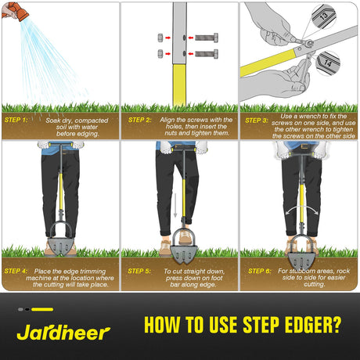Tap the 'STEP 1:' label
click(x=16, y=120)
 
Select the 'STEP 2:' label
click(x=139, y=120)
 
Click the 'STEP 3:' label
click(x=257, y=121)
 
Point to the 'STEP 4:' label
click(x=16, y=271)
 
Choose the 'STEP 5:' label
click(x=139, y=271)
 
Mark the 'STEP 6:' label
click(x=260, y=271)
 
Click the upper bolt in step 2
click(x=207, y=38)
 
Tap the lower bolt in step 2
click(x=207, y=54)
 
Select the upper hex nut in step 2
click(x=160, y=38)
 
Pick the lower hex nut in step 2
click(x=160, y=54)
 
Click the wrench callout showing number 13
click(x=323, y=16)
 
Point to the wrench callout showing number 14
click(x=328, y=63)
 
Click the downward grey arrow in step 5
click(x=175, y=205)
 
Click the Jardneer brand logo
click(x=63, y=333)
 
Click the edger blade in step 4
click(x=60, y=247)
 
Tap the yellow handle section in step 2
click(x=179, y=85)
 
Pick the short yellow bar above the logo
click(x=42, y=309)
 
